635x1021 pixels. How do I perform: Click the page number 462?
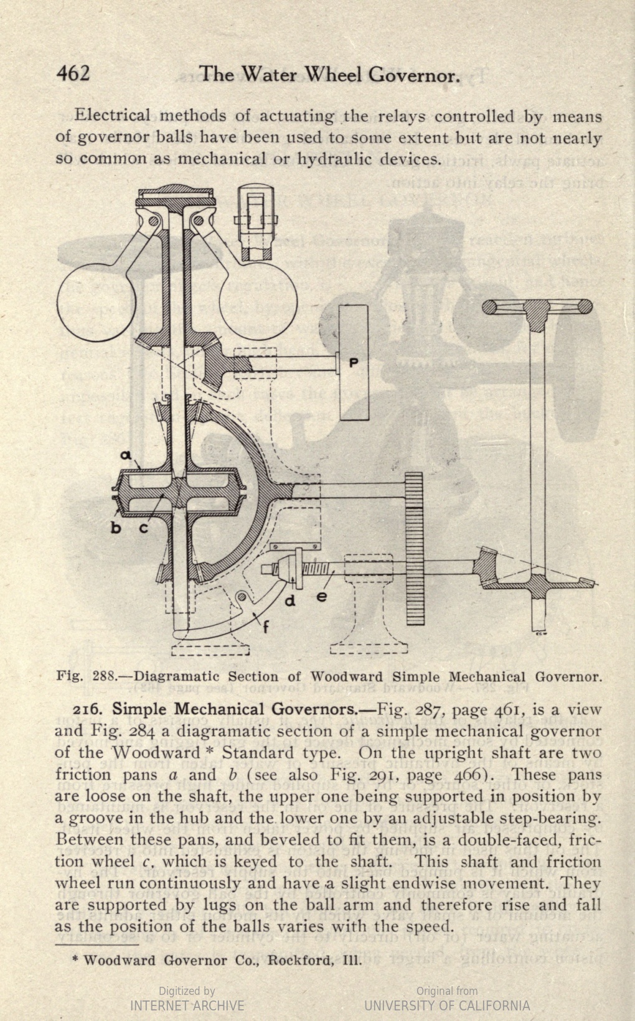[73, 73]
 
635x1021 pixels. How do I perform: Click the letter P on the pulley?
[354, 363]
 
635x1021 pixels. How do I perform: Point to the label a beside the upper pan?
[126, 455]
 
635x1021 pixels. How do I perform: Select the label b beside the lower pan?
[116, 528]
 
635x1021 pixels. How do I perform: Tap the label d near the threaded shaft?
[290, 600]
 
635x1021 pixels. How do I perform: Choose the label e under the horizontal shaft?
[321, 595]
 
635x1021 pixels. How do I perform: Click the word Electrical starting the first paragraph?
[112, 115]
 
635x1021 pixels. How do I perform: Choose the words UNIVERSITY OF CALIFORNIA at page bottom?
[447, 1005]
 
